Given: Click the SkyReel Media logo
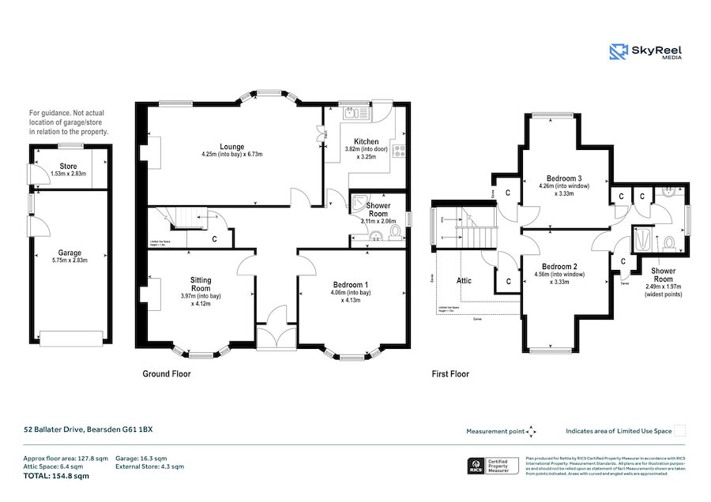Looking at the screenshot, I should (x=645, y=52).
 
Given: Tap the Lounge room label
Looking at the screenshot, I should (x=231, y=147).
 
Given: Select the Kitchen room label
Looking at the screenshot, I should (x=366, y=142).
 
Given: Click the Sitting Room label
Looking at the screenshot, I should (x=201, y=285).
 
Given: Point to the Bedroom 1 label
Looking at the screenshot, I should (x=350, y=285).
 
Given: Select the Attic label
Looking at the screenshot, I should (x=464, y=280).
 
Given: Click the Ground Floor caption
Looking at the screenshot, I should (x=166, y=373).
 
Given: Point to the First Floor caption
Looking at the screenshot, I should (x=450, y=373).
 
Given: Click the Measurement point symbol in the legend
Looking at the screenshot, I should (x=532, y=431).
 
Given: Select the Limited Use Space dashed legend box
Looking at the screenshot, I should (x=679, y=430).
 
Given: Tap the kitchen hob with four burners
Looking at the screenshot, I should (x=400, y=151).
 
